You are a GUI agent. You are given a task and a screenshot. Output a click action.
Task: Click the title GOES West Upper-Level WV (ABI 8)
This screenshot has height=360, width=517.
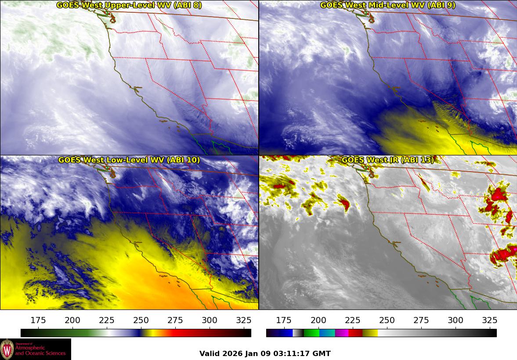pos(129,5)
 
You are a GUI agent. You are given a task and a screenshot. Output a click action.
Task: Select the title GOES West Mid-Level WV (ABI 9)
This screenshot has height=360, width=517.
pos(387,5)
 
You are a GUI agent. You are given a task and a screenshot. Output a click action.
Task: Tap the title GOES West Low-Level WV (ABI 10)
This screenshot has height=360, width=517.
pos(129,160)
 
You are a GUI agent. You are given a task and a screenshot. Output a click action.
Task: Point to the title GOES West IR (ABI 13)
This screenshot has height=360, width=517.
pos(387,160)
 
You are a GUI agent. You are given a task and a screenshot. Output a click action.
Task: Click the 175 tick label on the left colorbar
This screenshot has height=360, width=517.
pos(39,320)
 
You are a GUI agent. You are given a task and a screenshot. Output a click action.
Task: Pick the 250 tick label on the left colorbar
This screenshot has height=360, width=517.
pos(141,320)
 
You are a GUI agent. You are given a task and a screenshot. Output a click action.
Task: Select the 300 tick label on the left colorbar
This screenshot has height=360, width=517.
pos(210,320)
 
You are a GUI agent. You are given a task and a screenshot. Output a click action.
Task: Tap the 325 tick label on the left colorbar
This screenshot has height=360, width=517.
pos(244,320)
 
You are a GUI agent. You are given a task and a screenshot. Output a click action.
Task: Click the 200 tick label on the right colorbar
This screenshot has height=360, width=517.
pos(318,320)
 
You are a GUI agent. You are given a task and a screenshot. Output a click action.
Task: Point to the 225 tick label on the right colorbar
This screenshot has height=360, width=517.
pos(353,320)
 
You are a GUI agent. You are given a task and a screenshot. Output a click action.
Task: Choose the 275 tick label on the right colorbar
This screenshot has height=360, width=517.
pos(421,320)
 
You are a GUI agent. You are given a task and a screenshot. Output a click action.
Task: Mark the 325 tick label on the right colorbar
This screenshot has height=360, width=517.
pos(490,320)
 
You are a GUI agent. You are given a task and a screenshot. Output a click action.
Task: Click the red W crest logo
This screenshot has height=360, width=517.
pos(7,349)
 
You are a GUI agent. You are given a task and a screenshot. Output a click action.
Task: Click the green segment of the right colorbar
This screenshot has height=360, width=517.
pos(311,333)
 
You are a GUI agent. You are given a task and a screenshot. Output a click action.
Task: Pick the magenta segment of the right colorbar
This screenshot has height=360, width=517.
pos(341,333)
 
